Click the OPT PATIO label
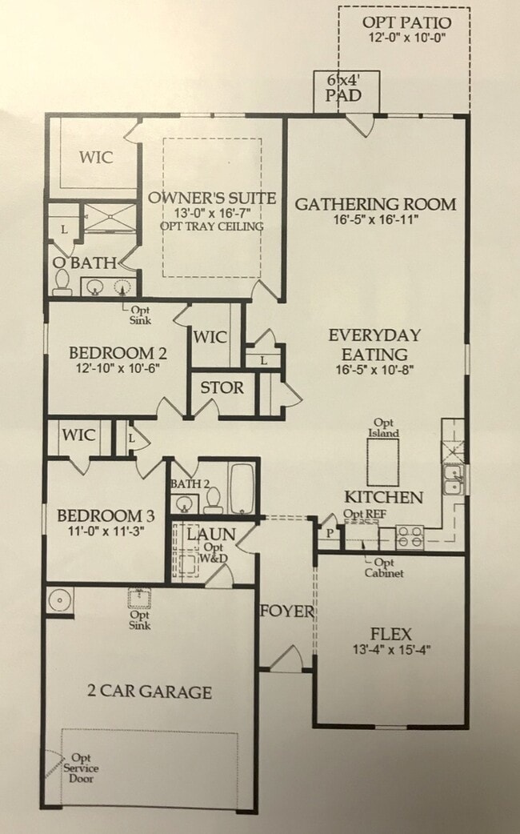click(x=405, y=22)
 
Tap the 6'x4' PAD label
click(x=345, y=88)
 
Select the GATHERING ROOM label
click(x=375, y=204)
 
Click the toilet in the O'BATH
click(x=63, y=280)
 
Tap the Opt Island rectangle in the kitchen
click(x=383, y=462)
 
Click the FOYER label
click(x=286, y=612)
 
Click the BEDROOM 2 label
click(x=110, y=353)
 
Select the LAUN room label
click(x=210, y=534)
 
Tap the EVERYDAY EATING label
click(x=374, y=344)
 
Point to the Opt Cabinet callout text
click(x=384, y=567)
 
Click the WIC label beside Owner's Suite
click(x=95, y=157)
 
